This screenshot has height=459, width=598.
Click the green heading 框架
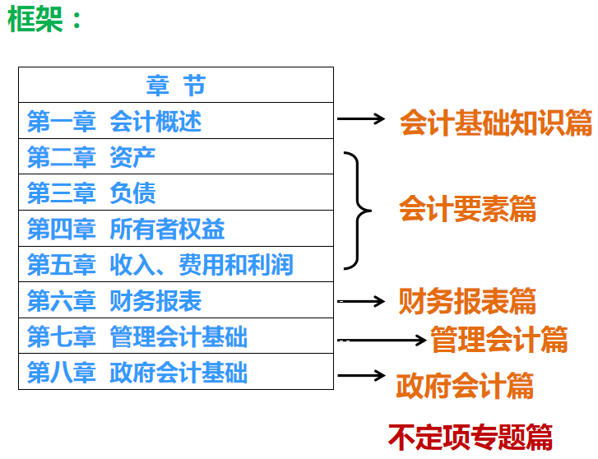[x=35, y=19]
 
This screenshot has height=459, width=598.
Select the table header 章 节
[x=176, y=85]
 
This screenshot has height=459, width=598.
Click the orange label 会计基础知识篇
[x=496, y=122]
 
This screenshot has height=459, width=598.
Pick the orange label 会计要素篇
[x=467, y=208]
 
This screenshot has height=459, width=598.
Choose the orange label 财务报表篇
[x=467, y=301]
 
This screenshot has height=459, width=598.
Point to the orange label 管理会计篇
[x=499, y=339]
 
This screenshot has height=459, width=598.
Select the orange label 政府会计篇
[x=465, y=386]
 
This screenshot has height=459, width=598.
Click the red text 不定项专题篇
[x=471, y=437]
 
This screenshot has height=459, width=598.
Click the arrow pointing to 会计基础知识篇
[x=361, y=118]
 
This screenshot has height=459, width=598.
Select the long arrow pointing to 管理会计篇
[x=382, y=340]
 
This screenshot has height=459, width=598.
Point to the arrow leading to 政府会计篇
[x=361, y=375]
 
